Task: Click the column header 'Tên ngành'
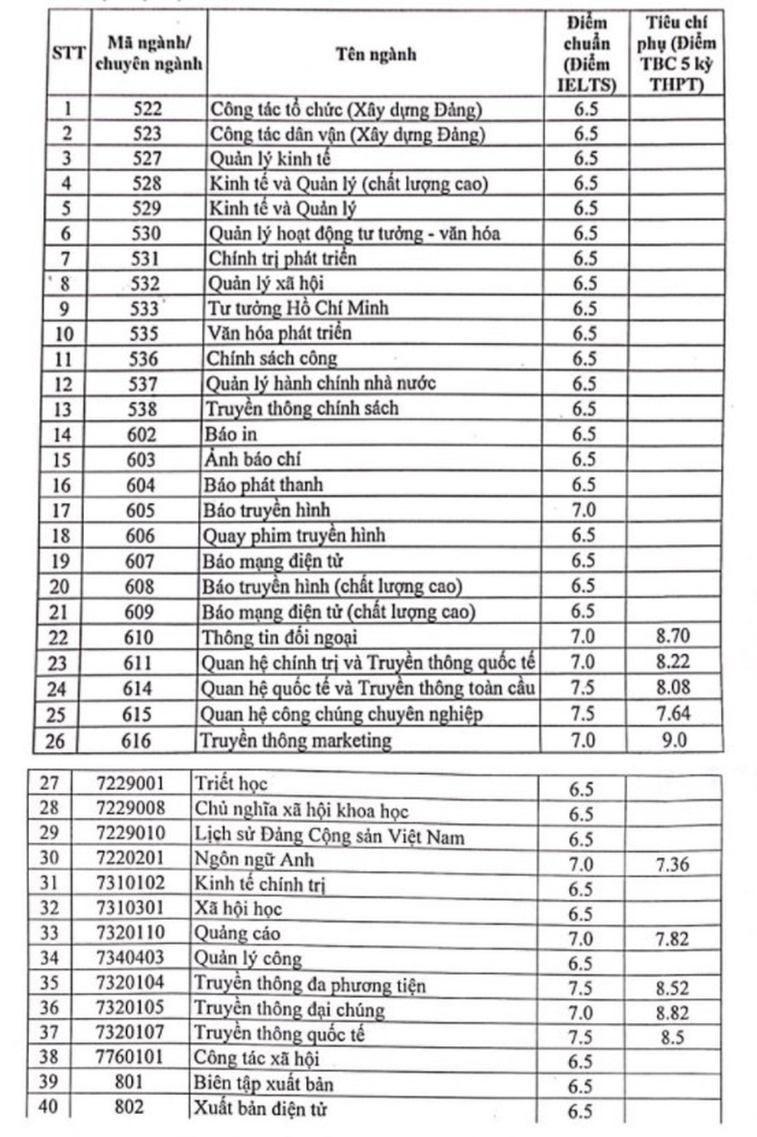[375, 54]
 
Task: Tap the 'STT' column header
[68, 54]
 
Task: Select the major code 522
[148, 109]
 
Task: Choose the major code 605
[141, 510]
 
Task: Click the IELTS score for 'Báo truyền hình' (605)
[583, 510]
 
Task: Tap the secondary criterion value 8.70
[673, 635]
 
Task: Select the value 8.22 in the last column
[673, 661]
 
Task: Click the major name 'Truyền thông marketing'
[295, 740]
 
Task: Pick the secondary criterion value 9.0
[673, 740]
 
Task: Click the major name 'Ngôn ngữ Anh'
[254, 860]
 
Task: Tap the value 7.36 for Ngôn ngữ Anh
[672, 864]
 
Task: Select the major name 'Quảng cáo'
[237, 933]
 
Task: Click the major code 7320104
[130, 983]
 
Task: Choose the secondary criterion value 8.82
[672, 1013]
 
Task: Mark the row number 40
[48, 1106]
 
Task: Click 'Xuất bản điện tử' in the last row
[260, 1108]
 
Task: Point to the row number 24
[57, 689]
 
